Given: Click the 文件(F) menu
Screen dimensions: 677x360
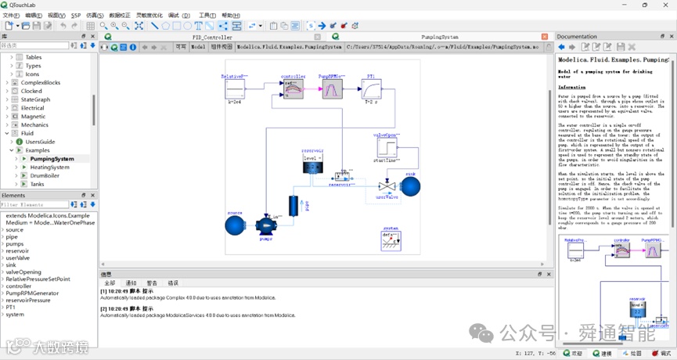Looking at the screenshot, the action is [11, 15].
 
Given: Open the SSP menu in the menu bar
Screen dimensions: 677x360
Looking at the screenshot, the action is [76, 15].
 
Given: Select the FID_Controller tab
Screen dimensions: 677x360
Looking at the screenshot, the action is [212, 37].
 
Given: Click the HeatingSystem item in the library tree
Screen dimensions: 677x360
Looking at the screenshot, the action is [50, 167].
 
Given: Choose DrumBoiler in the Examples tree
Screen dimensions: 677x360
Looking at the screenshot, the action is [45, 175].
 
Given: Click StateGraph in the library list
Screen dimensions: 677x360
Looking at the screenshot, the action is [36, 99].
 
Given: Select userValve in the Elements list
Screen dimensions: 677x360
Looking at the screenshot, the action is [18, 257].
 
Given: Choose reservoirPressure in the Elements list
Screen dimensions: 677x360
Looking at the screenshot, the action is [29, 300].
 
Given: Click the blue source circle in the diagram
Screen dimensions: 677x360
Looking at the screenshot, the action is [234, 225].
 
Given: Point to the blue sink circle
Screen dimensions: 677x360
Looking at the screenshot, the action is [410, 186].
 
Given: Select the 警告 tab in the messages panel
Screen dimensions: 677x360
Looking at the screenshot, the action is [152, 283].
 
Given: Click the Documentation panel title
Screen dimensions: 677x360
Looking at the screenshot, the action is [577, 37].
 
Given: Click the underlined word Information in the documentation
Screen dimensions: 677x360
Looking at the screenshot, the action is [571, 87].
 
